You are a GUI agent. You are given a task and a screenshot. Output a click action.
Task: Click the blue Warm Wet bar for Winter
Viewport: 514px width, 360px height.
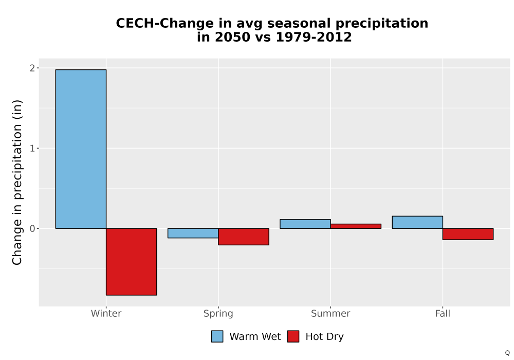click(81, 149)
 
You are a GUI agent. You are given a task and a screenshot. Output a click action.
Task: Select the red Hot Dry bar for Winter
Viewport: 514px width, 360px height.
click(132, 262)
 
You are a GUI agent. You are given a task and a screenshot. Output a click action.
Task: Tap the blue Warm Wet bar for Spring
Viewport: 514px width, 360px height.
click(193, 233)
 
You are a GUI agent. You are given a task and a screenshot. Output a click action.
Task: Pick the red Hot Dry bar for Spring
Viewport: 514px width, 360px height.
click(244, 237)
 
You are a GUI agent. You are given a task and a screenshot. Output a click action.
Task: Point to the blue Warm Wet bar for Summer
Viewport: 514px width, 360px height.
click(305, 224)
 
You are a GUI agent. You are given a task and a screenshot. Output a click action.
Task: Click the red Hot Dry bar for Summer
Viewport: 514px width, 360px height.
click(356, 226)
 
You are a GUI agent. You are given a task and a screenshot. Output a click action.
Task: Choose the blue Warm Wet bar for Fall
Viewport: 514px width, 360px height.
click(417, 222)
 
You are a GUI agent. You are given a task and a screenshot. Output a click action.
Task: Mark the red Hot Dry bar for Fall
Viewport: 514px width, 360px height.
click(468, 234)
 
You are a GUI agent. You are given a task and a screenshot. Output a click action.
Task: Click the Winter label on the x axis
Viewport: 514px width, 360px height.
click(106, 313)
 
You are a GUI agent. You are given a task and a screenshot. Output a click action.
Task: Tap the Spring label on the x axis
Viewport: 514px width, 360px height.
click(218, 314)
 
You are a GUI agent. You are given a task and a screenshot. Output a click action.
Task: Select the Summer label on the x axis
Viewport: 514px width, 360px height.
click(331, 313)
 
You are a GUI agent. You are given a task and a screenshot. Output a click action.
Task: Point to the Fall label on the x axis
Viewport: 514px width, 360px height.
click(443, 313)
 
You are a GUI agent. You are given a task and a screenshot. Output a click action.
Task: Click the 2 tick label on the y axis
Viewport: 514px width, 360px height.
click(32, 68)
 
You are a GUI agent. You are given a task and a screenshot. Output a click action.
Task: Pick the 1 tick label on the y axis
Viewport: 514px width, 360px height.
click(32, 148)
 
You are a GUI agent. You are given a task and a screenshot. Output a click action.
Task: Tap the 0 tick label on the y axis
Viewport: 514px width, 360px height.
click(32, 228)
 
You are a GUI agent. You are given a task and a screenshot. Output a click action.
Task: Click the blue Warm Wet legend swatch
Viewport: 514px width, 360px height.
click(217, 336)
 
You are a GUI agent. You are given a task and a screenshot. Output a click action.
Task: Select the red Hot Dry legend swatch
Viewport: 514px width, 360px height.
click(293, 336)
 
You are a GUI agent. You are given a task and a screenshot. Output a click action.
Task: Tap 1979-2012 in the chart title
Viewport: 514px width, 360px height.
click(314, 37)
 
